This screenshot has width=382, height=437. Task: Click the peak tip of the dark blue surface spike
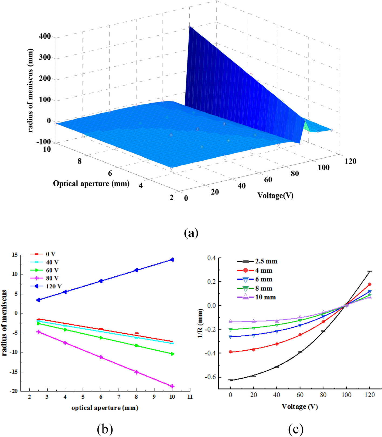click(x=189, y=26)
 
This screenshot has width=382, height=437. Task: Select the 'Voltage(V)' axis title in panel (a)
click(x=275, y=195)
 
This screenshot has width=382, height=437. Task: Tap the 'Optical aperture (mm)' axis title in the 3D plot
click(x=91, y=184)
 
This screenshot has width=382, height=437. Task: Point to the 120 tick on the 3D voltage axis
click(x=350, y=161)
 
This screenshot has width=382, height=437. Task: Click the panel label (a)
click(x=191, y=232)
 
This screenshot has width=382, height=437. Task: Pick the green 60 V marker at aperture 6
click(x=101, y=338)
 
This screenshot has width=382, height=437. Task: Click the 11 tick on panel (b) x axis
click(x=190, y=397)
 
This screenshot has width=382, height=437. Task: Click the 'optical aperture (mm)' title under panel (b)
click(x=105, y=408)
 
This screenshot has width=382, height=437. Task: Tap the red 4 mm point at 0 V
click(x=230, y=352)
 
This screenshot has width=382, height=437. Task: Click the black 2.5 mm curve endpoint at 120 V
click(x=370, y=272)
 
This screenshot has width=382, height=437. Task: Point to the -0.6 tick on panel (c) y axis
click(x=211, y=377)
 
